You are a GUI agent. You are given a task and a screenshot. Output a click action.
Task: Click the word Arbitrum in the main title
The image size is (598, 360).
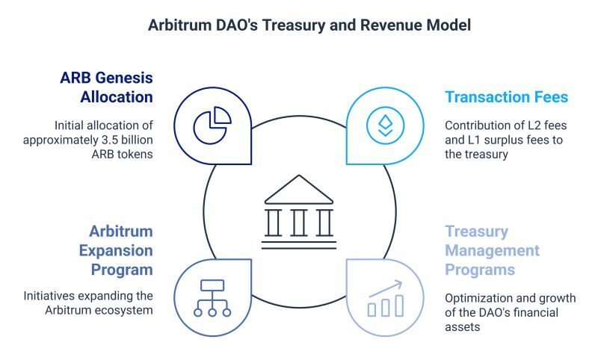point(179,25)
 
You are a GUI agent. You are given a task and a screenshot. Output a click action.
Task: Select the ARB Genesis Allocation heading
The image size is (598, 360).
point(106,87)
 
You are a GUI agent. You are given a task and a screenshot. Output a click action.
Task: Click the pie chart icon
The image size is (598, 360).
point(212,125)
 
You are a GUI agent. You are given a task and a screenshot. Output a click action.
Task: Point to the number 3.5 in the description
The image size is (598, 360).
point(110,140)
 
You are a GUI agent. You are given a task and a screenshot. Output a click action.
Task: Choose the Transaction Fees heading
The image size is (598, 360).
point(507,97)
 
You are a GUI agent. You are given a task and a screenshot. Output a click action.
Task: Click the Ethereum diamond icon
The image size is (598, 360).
point(385,125)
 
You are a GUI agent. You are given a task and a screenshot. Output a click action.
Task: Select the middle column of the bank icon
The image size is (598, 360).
point(299,223)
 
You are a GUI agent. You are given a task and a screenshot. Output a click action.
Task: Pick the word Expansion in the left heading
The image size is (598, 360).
point(116,251)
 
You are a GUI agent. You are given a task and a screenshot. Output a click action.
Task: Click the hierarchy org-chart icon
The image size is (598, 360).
point(212,298)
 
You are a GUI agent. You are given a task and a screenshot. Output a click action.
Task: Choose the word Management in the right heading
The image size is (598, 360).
point(492,250)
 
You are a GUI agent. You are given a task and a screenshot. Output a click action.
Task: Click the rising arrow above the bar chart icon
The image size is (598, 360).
point(386,289)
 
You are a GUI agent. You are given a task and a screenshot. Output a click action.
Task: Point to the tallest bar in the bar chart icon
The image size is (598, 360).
point(399,305)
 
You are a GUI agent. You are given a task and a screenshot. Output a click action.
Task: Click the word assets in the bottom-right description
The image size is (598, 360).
point(462,327)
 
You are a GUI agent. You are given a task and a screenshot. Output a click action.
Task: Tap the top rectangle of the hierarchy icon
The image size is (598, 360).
point(212,285)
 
